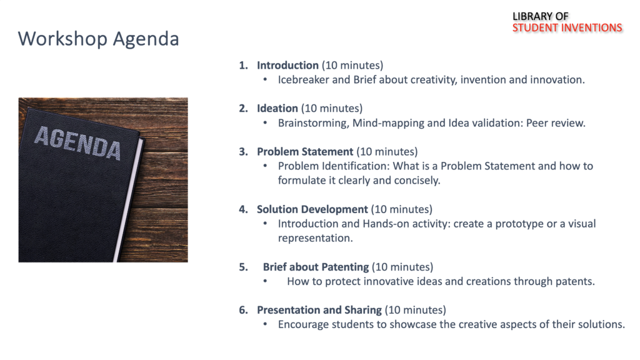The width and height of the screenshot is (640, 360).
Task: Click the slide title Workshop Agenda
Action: click(x=98, y=39)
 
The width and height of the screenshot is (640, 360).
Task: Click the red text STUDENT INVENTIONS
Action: click(x=567, y=27)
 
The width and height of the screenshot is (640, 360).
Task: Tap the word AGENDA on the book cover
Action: click(x=77, y=143)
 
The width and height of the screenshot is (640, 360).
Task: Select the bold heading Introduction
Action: click(x=287, y=65)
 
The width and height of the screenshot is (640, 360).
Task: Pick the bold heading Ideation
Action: click(x=277, y=108)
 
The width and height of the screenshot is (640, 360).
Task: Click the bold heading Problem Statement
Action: click(x=305, y=151)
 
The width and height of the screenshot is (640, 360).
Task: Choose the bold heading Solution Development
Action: click(x=312, y=209)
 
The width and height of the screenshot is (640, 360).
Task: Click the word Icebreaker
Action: click(x=303, y=79)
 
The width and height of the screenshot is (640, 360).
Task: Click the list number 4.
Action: click(x=243, y=209)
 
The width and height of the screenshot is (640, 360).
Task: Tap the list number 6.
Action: click(x=243, y=310)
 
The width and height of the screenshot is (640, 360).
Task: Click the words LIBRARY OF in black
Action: click(x=541, y=16)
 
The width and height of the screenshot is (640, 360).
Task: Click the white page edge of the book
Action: click(x=128, y=200)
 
